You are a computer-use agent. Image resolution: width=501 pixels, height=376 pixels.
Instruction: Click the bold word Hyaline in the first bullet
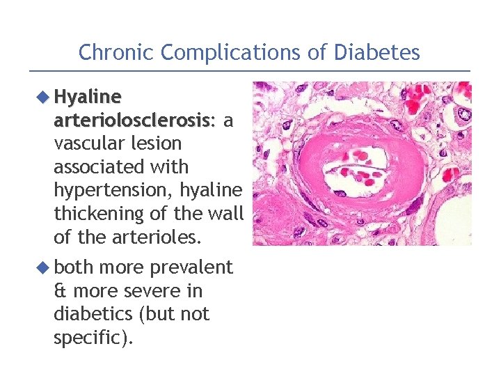[x=88, y=96]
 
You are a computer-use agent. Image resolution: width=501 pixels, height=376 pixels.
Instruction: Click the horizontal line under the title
[x=250, y=70]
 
